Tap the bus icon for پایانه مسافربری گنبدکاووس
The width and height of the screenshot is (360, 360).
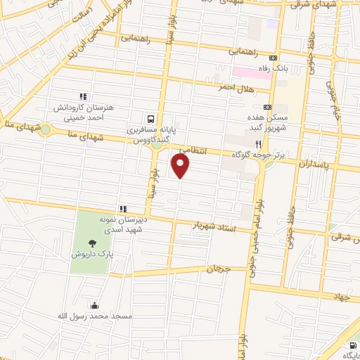click(x=152, y=119)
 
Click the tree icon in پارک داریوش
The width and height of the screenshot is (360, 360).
click(x=94, y=242)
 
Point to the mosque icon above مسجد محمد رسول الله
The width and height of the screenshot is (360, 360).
click(x=94, y=305)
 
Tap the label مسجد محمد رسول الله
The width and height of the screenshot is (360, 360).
click(x=96, y=316)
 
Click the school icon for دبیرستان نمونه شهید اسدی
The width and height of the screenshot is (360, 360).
click(x=122, y=209)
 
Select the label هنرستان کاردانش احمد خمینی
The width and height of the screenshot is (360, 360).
click(x=83, y=113)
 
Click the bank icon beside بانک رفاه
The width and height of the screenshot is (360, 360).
click(x=274, y=58)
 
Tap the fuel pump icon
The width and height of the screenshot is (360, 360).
click(x=352, y=345)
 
